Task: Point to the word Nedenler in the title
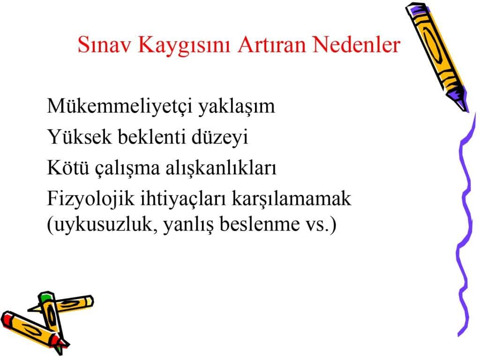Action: coord(357,45)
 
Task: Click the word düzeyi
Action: coord(220,138)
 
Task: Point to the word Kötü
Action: coord(68,167)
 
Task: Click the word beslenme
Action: coord(260,224)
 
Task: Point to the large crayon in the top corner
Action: coord(437,57)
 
